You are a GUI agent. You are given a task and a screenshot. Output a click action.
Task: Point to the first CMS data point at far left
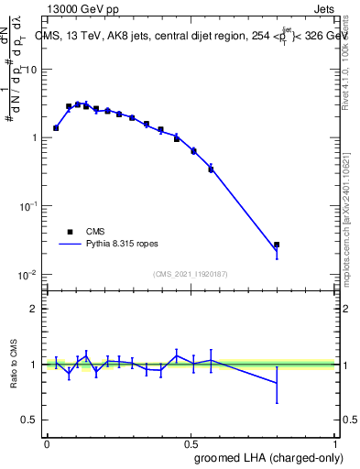pos(56,128)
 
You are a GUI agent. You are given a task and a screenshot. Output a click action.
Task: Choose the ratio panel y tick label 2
pos(34,309)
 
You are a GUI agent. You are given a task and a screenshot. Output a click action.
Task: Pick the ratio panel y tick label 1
pos(34,365)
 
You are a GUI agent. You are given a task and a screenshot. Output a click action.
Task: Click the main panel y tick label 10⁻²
pos(28,275)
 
